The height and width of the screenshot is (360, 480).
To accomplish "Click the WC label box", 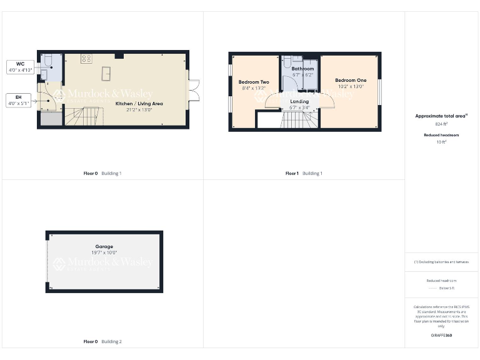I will (x=20, y=66).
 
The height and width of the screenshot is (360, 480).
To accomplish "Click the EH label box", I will (x=20, y=99).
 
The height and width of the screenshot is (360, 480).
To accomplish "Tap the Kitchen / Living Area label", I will (x=139, y=104).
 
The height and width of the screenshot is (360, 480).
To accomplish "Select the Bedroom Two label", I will (x=254, y=82).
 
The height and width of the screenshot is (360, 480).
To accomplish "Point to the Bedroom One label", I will (x=351, y=80).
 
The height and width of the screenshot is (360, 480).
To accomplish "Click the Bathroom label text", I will (x=302, y=69).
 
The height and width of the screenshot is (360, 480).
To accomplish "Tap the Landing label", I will (x=299, y=101).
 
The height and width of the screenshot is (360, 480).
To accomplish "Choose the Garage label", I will (x=104, y=247).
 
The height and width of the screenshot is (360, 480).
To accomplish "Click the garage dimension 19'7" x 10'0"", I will (x=104, y=253).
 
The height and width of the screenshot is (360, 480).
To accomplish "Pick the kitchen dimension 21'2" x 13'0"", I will (x=139, y=110).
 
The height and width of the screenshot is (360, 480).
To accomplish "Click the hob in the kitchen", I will (x=87, y=59).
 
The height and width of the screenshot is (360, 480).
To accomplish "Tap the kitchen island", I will (x=107, y=72).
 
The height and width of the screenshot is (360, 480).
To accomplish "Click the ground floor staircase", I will (x=82, y=116).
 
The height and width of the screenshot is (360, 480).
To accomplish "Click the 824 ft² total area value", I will (x=441, y=124).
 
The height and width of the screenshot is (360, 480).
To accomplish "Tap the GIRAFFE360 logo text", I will (x=441, y=336).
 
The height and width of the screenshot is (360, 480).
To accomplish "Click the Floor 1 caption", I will (x=292, y=173).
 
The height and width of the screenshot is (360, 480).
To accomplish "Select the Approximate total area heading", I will (x=441, y=116).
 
